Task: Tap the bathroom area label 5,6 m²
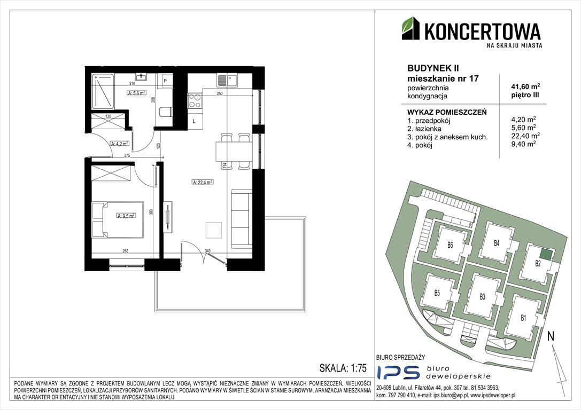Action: click(137, 93)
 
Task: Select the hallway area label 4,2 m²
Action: click(118, 143)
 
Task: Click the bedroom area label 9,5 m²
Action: click(127, 216)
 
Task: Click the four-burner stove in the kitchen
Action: click(195, 101)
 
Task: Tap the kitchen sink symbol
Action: click(227, 81)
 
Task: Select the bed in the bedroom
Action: click(118, 219)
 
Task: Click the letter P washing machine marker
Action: click(166, 81)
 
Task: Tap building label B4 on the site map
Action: click(497, 243)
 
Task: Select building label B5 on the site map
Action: click(437, 293)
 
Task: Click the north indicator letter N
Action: click(551, 336)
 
